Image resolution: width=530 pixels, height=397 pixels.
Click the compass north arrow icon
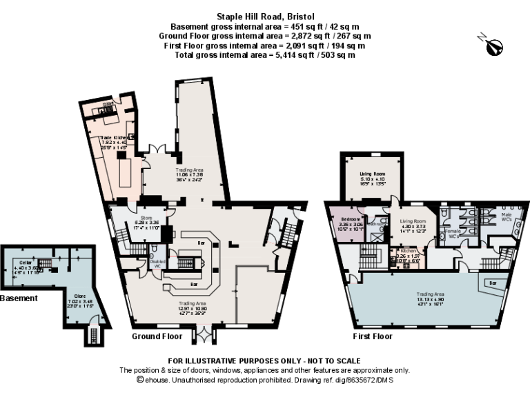(x=494, y=47)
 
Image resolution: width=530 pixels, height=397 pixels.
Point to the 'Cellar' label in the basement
(x=26, y=262)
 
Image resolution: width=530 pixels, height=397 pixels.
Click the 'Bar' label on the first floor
(x=492, y=283)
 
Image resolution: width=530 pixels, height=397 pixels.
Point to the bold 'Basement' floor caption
(x=19, y=298)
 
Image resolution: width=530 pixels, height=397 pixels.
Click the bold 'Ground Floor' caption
(x=157, y=336)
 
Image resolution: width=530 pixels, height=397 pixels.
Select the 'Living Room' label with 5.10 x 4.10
(x=372, y=174)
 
